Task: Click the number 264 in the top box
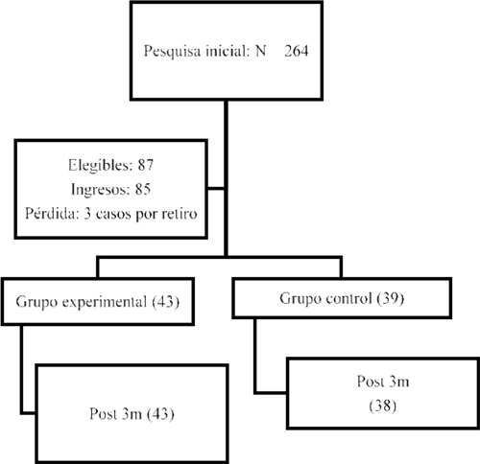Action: (x=297, y=51)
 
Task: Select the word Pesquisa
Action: (x=173, y=52)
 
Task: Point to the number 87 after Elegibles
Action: (x=146, y=165)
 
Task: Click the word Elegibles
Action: (x=100, y=166)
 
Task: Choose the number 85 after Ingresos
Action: (x=143, y=189)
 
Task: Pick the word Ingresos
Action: (x=101, y=190)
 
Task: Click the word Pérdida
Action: (x=52, y=214)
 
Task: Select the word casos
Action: (x=114, y=214)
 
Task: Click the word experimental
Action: (x=105, y=302)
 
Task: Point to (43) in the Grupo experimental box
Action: (x=165, y=302)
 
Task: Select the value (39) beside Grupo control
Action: (x=391, y=299)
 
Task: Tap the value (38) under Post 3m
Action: (x=383, y=406)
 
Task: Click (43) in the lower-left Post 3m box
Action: (x=160, y=414)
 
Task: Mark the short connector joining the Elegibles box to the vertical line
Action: (x=216, y=189)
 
